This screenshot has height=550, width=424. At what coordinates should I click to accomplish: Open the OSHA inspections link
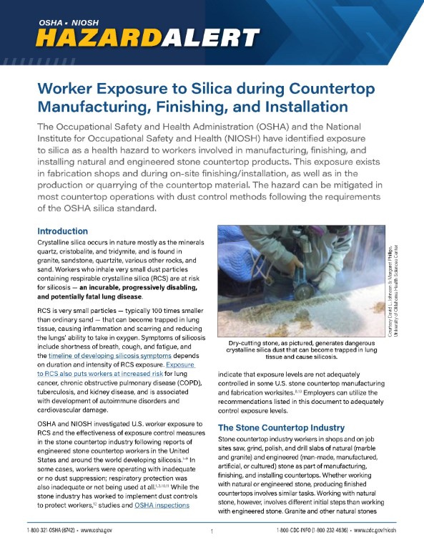(x=163, y=506)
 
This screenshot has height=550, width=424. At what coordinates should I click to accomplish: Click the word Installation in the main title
(x=280, y=108)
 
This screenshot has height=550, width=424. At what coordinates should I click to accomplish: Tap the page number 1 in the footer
(x=212, y=531)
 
